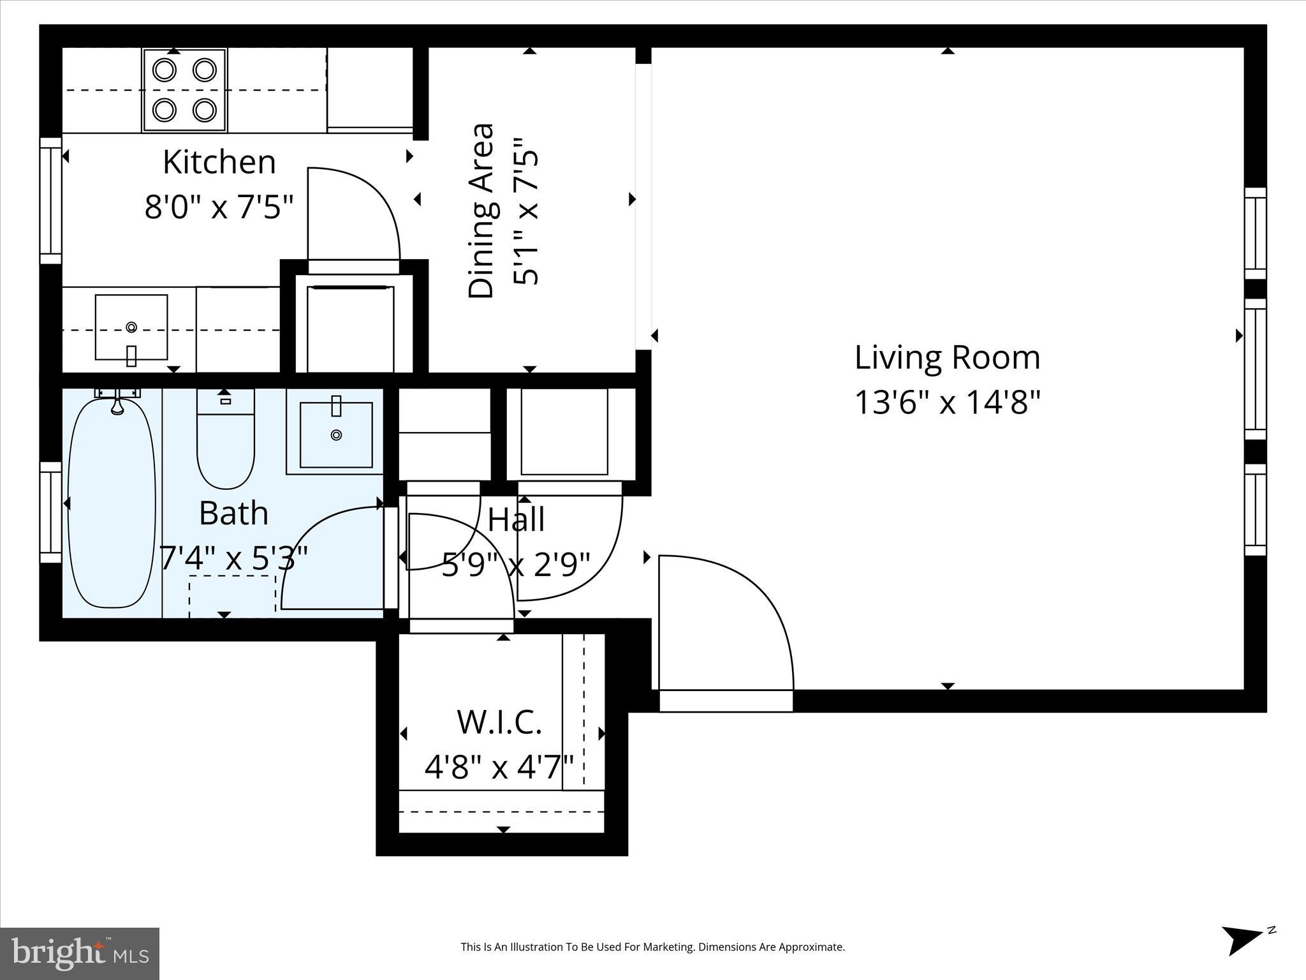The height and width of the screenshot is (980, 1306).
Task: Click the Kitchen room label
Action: coord(219,162)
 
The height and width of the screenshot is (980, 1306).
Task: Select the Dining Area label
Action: coord(481,211)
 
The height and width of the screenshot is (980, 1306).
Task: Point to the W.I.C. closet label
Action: coord(499,722)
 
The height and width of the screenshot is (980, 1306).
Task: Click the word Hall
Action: coord(517,519)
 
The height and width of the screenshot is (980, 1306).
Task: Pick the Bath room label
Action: coord(233,513)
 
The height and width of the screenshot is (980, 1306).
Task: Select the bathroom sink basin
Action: coord(336,434)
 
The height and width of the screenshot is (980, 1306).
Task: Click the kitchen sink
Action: coord(131,327)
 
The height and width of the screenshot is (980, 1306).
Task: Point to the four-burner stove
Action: coord(185,90)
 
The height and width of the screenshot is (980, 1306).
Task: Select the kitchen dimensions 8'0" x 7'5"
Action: coord(219,207)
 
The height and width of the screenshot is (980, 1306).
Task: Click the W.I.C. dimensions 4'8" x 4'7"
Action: coord(499,768)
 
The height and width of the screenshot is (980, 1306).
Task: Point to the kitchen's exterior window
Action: coord(51,200)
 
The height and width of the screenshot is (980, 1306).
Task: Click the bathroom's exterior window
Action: coord(51,512)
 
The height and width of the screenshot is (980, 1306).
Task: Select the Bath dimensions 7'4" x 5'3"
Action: coord(233,558)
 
